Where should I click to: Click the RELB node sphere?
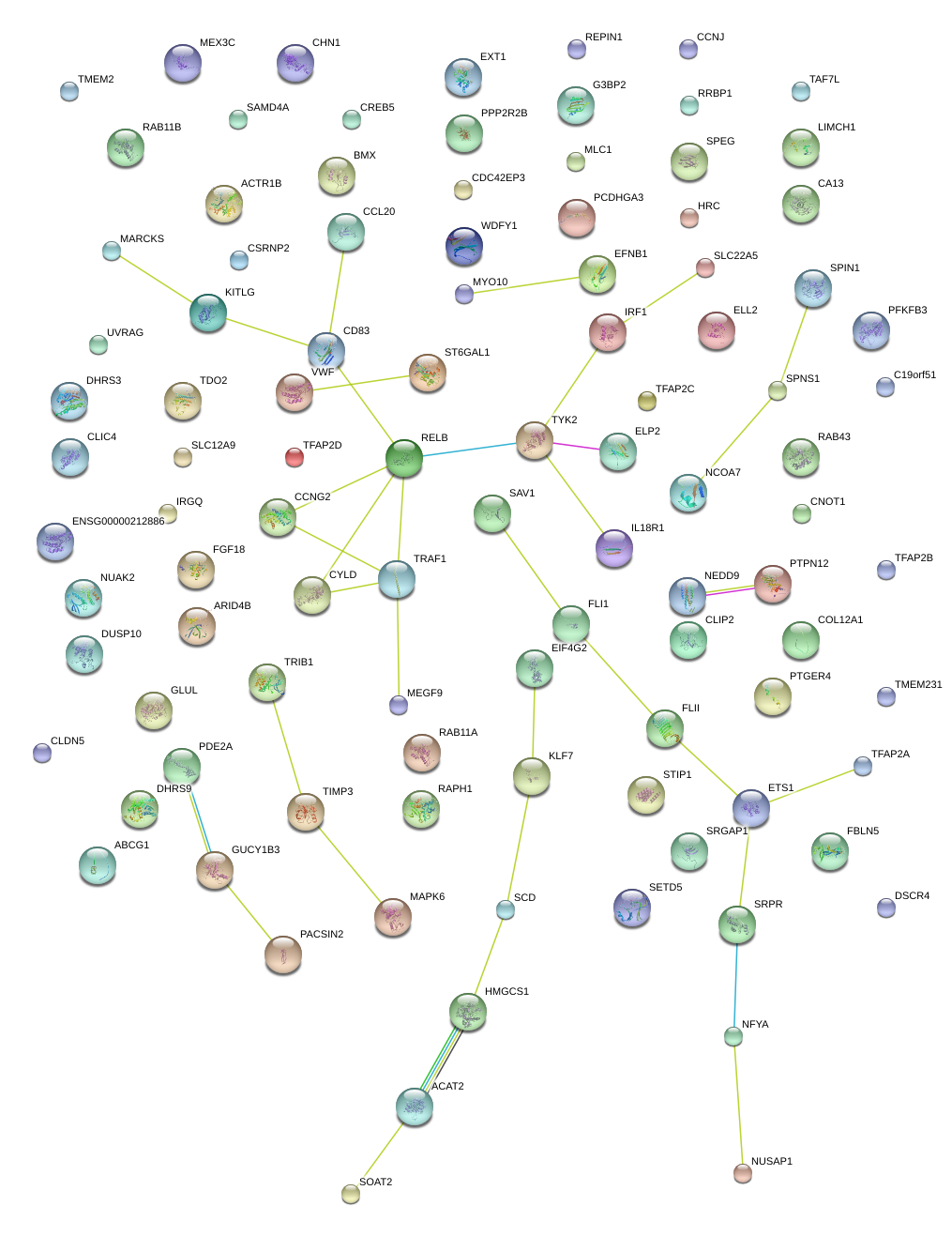click(x=404, y=457)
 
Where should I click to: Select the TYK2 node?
click(x=535, y=440)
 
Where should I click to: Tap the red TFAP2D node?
click(x=295, y=457)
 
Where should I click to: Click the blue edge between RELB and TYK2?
click(x=469, y=449)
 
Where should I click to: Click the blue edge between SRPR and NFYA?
click(x=735, y=985)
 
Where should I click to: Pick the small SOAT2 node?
click(x=351, y=1193)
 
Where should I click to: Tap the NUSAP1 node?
click(x=743, y=1172)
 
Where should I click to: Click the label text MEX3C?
click(x=218, y=43)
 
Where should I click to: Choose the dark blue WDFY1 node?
click(x=464, y=246)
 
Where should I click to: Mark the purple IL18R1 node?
click(x=614, y=548)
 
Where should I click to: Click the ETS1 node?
click(x=751, y=807)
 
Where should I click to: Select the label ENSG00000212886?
click(x=118, y=521)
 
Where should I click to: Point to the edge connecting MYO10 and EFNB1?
click(x=525, y=285)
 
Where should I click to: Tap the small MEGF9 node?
click(x=399, y=704)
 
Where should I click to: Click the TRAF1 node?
click(x=397, y=579)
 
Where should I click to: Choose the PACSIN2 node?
click(x=283, y=954)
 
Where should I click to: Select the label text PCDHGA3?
click(x=618, y=198)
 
